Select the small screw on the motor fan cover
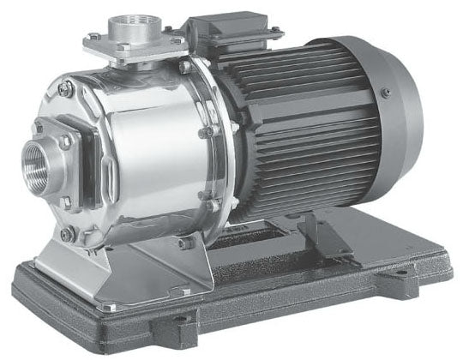coord(387,93)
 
